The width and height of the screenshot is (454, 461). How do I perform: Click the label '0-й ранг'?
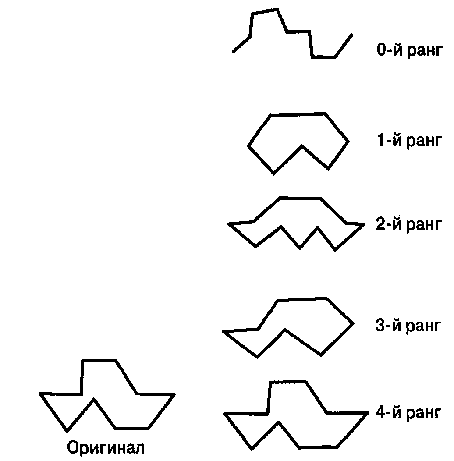click(408, 50)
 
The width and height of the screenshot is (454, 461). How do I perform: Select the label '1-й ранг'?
click(408, 141)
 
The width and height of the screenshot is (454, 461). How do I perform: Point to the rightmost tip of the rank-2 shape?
click(364, 224)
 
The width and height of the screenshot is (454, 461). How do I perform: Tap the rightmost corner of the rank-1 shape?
click(349, 142)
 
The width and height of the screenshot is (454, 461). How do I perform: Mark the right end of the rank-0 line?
click(352, 34)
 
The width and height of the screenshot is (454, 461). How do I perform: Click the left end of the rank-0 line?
click(233, 53)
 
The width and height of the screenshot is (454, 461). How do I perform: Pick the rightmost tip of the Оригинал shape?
click(174, 394)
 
